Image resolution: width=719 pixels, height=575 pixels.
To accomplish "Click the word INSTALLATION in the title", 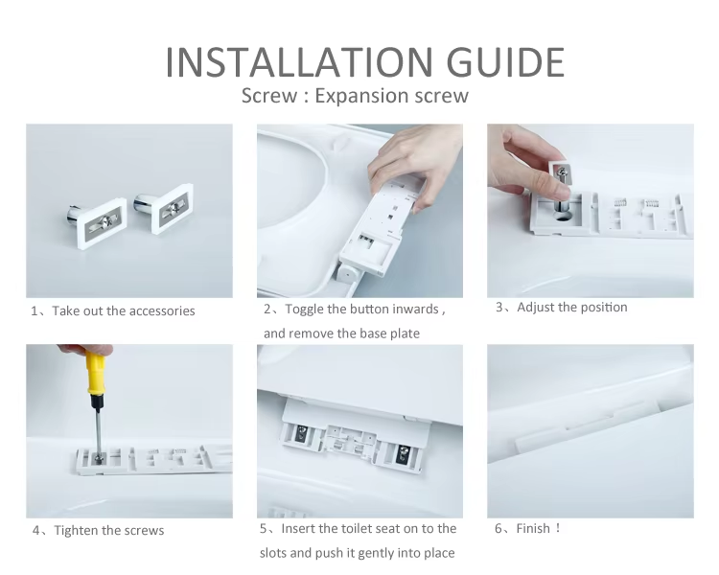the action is [x=298, y=62].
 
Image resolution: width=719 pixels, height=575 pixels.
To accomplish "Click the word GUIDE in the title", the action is [x=506, y=62].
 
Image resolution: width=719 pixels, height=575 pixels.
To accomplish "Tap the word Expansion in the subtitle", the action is [x=361, y=96].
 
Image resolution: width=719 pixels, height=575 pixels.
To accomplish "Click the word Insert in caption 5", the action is [x=298, y=528].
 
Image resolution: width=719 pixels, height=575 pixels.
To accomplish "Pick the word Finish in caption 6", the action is [x=533, y=528].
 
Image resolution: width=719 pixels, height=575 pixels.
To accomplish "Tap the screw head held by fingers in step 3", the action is [x=563, y=173].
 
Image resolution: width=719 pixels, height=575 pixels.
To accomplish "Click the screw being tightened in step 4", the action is [x=98, y=457].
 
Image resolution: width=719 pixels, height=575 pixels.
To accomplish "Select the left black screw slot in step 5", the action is [x=301, y=434].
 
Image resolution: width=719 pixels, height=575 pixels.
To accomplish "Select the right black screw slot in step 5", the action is [x=403, y=454].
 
